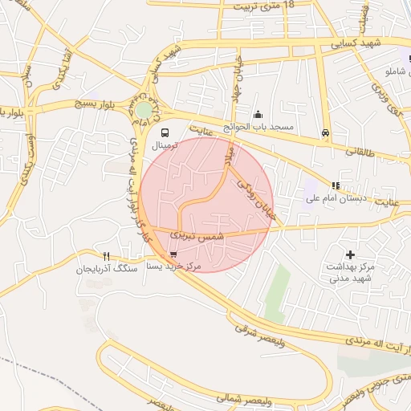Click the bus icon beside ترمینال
click(x=165, y=132)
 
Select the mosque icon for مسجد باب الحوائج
click(x=258, y=115)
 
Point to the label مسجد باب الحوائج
click(x=264, y=127)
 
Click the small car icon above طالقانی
click(x=325, y=132)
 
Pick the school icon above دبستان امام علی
click(x=336, y=185)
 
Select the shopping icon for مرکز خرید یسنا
click(x=174, y=254)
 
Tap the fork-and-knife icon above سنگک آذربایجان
click(x=106, y=257)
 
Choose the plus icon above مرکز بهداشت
click(x=351, y=254)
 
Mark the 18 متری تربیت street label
click(x=264, y=6)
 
